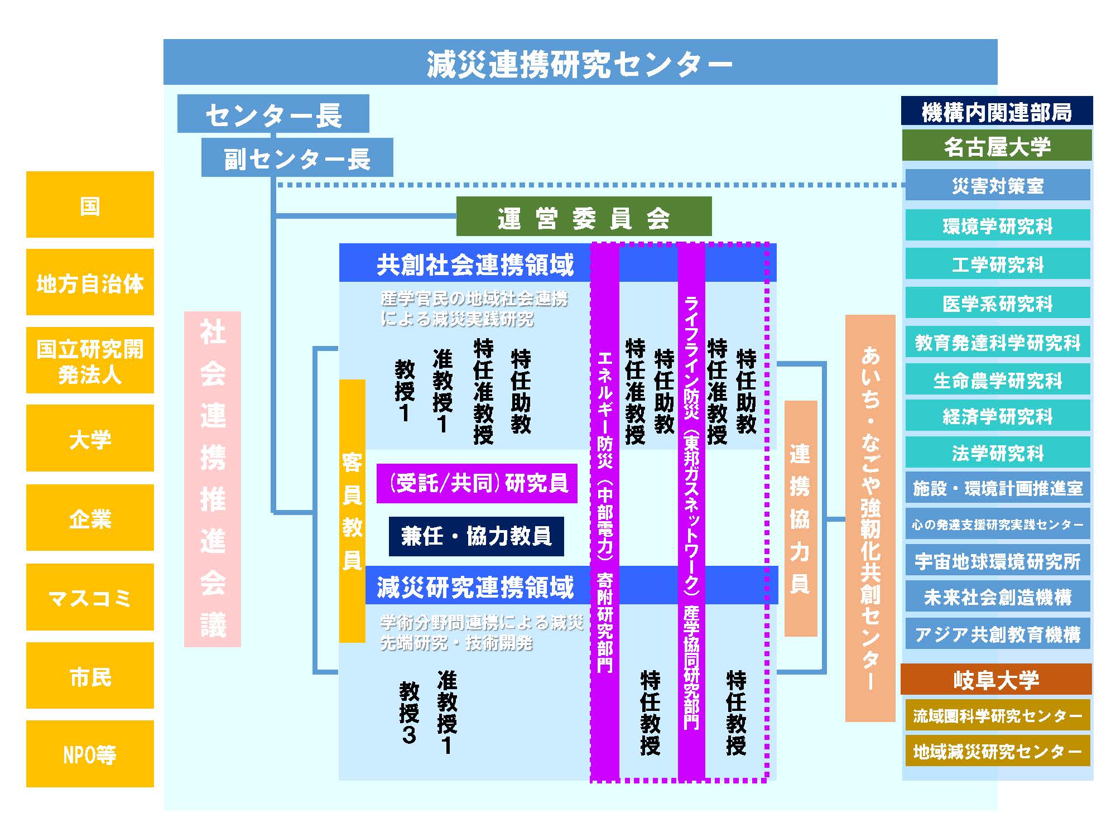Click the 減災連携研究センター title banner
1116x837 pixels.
tap(580, 62)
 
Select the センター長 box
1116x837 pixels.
tap(273, 114)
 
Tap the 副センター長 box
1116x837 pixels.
tap(297, 158)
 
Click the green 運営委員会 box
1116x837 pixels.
tap(584, 217)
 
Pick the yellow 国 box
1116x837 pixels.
tap(90, 205)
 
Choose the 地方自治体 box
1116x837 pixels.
tap(90, 282)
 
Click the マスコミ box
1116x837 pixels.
tap(90, 597)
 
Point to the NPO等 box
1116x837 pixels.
tap(90, 754)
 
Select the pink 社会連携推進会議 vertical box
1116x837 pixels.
tap(213, 479)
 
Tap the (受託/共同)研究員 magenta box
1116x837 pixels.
tap(477, 483)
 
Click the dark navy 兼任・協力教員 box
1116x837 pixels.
tap(477, 536)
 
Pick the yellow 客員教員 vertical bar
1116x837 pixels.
tap(352, 511)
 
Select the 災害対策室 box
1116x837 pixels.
tap(998, 185)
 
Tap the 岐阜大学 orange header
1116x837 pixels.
tap(996, 679)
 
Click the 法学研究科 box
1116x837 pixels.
tap(998, 453)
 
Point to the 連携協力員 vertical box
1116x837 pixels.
tap(801, 518)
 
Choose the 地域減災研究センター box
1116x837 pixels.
tap(998, 751)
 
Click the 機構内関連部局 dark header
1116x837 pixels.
tap(997, 111)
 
